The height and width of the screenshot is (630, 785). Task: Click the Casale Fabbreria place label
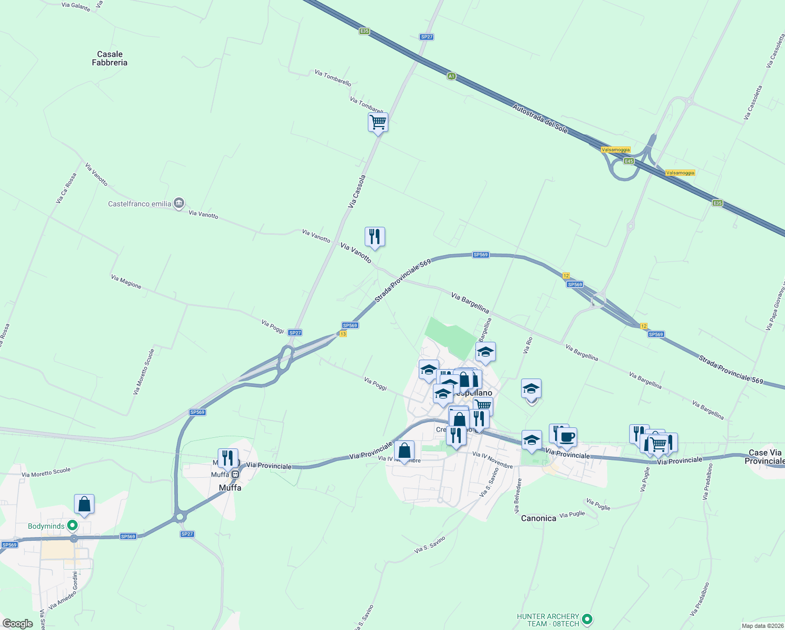(x=110, y=58)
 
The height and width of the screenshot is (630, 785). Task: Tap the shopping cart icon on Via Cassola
(x=378, y=123)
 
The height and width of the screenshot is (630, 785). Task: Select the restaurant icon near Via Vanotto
(x=375, y=237)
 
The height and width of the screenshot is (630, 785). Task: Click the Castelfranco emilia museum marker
(x=179, y=203)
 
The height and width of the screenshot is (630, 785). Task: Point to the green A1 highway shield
(x=451, y=77)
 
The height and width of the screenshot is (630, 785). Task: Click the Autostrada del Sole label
(x=540, y=119)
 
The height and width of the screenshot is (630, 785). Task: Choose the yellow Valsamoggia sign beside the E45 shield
(x=616, y=150)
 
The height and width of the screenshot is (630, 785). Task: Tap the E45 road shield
(x=629, y=161)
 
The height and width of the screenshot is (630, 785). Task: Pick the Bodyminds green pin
(x=73, y=525)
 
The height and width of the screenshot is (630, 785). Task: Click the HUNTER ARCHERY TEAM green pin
(x=587, y=619)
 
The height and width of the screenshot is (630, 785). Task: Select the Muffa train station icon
(x=236, y=475)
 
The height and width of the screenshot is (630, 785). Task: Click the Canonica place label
(x=538, y=518)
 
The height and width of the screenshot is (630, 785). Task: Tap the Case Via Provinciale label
(x=765, y=457)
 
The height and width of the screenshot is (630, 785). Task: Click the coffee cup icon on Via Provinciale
(x=567, y=437)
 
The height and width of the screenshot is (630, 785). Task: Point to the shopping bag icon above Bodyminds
(x=84, y=504)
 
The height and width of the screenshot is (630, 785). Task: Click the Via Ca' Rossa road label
(x=66, y=188)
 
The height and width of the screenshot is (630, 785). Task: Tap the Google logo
(x=18, y=624)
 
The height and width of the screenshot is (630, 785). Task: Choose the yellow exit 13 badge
(x=343, y=334)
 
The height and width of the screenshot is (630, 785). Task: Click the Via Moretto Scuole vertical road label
(x=144, y=372)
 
